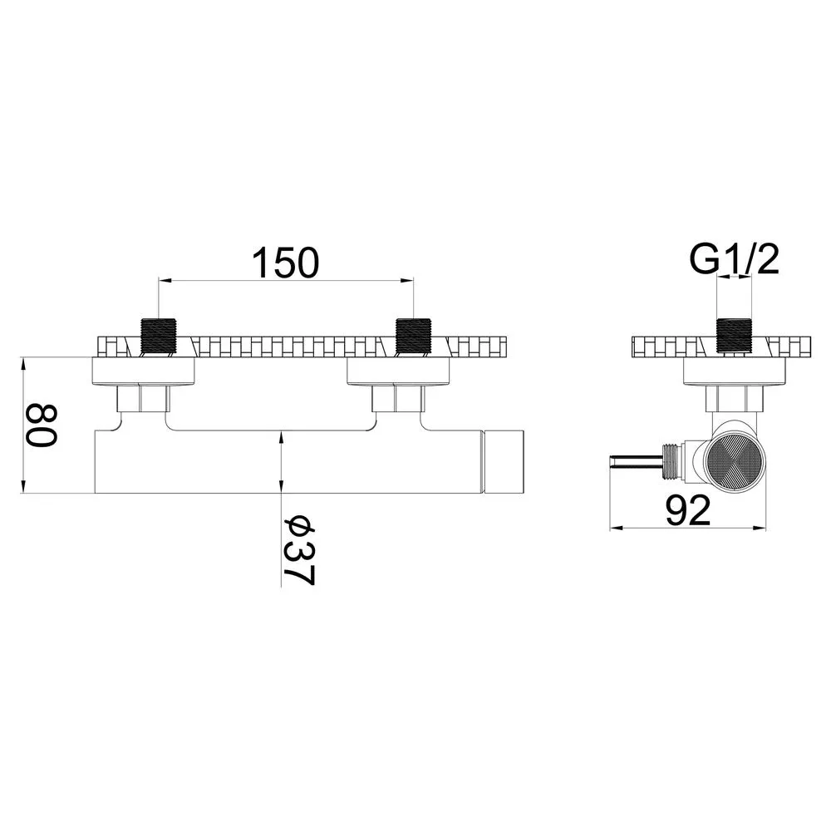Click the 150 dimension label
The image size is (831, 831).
coord(286,263)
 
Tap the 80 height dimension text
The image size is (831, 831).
coord(42,425)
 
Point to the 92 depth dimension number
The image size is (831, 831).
coord(688,510)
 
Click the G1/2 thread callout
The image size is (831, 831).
coord(734,259)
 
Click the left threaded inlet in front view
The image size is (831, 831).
coord(159,336)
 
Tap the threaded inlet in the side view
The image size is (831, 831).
coord(734,336)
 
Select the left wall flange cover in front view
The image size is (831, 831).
coord(144,371)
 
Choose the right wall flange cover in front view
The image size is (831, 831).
coord(398,371)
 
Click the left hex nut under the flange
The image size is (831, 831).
coord(144,398)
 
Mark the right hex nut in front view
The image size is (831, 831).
coord(398,398)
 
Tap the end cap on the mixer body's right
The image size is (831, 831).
coord(504,461)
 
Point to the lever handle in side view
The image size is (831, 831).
coord(636,461)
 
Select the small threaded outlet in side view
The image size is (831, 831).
coord(671,461)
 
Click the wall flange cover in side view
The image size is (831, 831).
coord(734,371)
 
